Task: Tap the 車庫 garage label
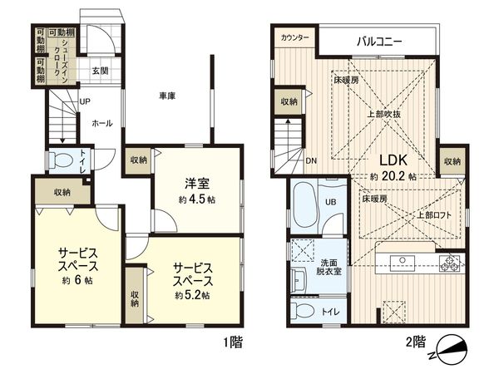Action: pos(166,96)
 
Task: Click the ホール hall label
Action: pos(101,123)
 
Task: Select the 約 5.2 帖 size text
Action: pos(192,295)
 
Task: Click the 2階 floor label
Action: pos(415,342)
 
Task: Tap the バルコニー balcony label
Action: pos(380,38)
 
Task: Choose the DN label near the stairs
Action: pos(309,160)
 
